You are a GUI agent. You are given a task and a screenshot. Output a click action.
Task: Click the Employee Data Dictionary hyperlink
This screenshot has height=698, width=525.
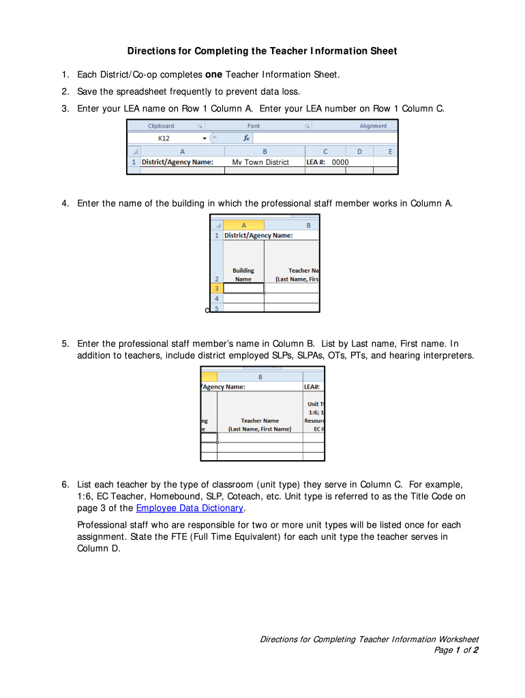tap(190, 508)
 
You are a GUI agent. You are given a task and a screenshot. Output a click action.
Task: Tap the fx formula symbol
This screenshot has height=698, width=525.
tap(246, 138)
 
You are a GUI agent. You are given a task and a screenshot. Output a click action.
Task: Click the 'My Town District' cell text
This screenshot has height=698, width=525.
tap(260, 162)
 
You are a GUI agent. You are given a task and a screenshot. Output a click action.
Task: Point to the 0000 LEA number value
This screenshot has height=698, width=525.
tap(340, 162)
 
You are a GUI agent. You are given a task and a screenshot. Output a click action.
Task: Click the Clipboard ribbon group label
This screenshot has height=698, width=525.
tap(161, 126)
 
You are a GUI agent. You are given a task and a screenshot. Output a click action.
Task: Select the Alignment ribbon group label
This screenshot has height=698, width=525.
tap(373, 126)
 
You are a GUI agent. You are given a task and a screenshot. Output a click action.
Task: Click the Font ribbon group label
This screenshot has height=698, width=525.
tap(254, 126)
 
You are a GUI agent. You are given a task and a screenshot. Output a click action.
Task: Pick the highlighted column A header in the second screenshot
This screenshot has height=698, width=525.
tap(243, 225)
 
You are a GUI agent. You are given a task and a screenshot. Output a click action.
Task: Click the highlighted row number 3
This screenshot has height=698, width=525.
tap(216, 288)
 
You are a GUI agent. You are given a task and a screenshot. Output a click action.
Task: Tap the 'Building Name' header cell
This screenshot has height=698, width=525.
tap(243, 275)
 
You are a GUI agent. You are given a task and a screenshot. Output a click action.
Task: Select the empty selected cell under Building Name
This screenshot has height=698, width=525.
tap(243, 288)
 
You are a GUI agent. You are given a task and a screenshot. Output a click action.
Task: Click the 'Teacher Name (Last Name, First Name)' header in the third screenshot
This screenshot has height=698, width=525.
tap(260, 425)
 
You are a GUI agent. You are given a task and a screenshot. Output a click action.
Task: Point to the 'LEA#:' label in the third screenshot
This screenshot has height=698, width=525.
tap(312, 386)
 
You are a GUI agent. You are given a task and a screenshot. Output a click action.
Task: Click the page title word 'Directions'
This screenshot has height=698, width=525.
tap(151, 51)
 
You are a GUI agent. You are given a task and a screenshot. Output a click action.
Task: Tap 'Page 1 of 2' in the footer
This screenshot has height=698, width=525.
tap(456, 650)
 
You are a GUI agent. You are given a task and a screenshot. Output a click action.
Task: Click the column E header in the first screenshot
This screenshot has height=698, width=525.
tap(390, 151)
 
